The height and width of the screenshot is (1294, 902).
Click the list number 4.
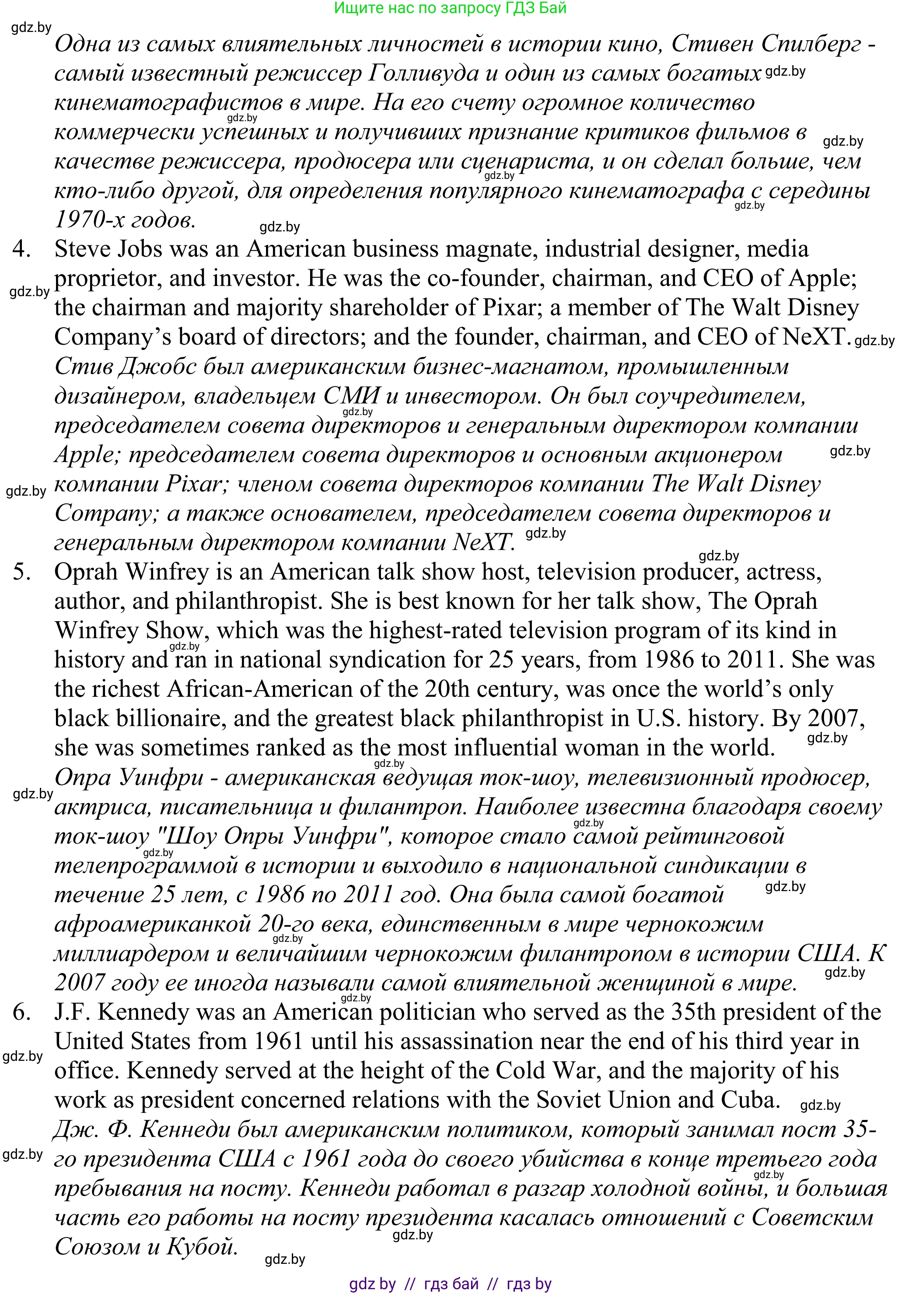[21, 249]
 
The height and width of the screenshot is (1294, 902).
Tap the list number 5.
[22, 572]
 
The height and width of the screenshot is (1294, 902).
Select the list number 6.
[21, 1012]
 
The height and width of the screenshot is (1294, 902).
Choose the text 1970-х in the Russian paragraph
[89, 220]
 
